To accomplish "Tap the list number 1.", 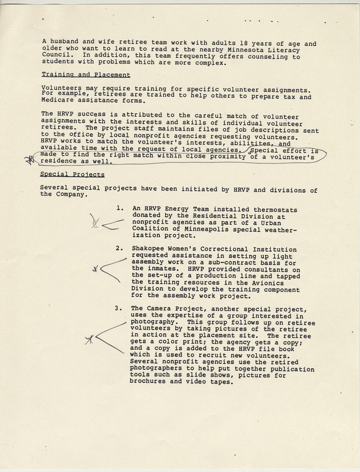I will point(119,209).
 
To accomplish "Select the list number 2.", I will point(119,249).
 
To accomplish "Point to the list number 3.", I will point(119,308).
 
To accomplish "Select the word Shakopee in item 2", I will point(150,249).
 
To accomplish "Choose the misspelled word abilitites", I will point(230,143).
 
